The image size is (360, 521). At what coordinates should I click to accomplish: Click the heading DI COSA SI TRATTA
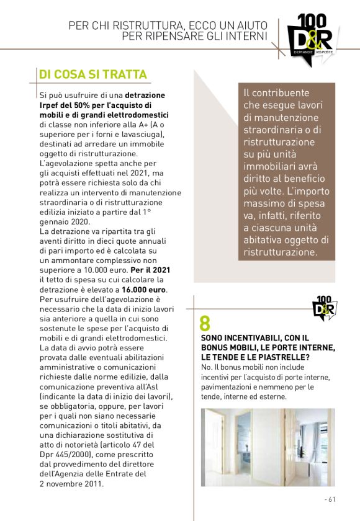click(92, 74)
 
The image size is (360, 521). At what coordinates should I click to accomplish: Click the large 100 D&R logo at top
click(310, 37)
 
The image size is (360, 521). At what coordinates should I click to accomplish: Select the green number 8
click(205, 323)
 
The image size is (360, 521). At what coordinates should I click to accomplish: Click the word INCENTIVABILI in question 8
click(252, 337)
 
